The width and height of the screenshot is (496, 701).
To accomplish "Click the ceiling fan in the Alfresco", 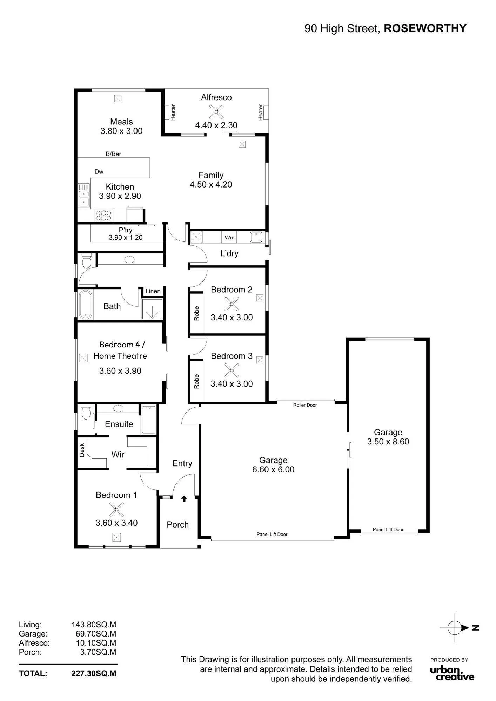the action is [x=216, y=112].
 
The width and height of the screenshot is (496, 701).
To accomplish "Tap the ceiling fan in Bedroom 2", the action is [x=232, y=304].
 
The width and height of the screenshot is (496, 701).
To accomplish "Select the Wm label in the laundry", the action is [x=229, y=238].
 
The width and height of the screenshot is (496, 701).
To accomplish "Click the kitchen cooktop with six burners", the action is [x=103, y=215].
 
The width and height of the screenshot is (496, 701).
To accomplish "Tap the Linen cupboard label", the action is [x=153, y=291].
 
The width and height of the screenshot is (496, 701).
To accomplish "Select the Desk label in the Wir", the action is [x=82, y=450].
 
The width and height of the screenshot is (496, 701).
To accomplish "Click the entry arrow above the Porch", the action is [x=184, y=498].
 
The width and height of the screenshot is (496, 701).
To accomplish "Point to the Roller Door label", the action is [x=305, y=405].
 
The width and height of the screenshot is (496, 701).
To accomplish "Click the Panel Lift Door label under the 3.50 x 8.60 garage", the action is [x=388, y=530].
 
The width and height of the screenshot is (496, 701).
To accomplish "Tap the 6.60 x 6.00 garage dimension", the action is [x=273, y=470].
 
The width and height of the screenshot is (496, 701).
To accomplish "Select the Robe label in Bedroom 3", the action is [x=196, y=381].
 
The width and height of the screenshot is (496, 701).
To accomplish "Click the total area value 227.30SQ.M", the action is [x=94, y=673].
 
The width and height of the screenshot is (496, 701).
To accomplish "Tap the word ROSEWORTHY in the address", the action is [x=425, y=28].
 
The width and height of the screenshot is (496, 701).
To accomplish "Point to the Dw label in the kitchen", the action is [x=99, y=172].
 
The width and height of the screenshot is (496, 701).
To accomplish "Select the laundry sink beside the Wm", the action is [x=256, y=237].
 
